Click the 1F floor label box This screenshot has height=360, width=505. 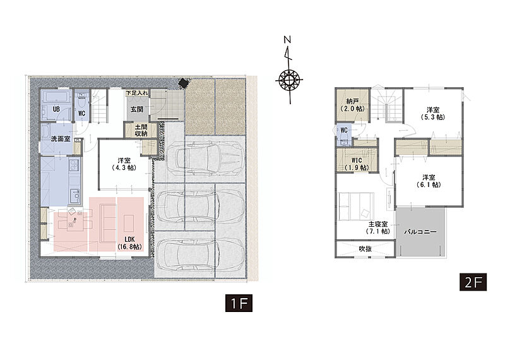[239, 303]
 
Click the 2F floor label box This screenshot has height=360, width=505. [473, 282]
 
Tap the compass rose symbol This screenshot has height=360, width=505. [289, 79]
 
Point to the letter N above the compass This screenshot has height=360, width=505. [287, 40]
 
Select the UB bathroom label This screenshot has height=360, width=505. [56, 109]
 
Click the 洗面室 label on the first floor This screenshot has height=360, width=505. [61, 139]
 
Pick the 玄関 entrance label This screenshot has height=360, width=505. [137, 109]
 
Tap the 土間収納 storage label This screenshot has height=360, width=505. [141, 130]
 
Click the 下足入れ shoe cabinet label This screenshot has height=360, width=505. [137, 93]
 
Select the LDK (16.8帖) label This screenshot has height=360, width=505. [129, 243]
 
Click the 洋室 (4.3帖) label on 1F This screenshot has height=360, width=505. [124, 164]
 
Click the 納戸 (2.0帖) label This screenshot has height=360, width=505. [353, 105]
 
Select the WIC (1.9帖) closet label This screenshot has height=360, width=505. [357, 164]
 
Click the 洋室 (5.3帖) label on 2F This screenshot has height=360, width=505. [433, 114]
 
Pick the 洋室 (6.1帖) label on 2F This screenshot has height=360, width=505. [429, 181]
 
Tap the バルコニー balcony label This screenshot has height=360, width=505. [420, 232]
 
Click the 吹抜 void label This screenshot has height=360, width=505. [365, 248]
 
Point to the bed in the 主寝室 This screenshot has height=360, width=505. [356, 207]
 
